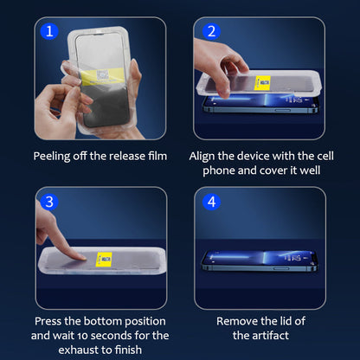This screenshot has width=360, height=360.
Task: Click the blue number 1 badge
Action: click(49, 31)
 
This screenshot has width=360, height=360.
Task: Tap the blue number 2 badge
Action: click(211, 31)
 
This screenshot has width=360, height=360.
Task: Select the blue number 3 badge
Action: click(49, 202)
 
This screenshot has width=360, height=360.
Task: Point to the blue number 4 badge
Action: click(211, 202)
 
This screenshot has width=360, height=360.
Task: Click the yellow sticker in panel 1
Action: click(102, 76)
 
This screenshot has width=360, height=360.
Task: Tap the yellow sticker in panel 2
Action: click(262, 83)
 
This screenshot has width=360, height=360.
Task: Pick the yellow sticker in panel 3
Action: click(104, 259)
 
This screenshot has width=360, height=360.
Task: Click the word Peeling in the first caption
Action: click(52, 157)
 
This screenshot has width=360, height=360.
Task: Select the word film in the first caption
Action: click(157, 156)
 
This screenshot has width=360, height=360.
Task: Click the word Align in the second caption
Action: click(202, 157)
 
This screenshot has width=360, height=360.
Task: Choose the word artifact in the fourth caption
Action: click(270, 336)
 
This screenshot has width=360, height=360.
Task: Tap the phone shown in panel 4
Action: click(260, 261)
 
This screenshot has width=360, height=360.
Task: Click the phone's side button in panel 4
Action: click(281, 268)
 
